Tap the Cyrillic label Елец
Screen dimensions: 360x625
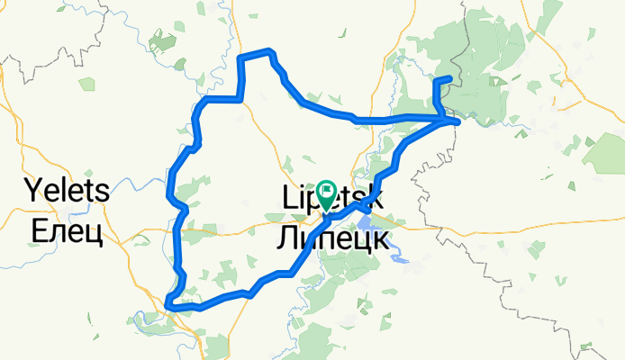(68, 232)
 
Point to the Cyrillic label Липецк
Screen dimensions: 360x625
(332, 239)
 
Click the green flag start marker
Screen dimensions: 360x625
(326, 192)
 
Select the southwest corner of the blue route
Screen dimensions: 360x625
(170, 308)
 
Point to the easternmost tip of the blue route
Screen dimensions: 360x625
(459, 120)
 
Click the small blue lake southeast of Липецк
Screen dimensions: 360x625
(400, 260)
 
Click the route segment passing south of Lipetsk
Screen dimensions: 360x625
(270, 279)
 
